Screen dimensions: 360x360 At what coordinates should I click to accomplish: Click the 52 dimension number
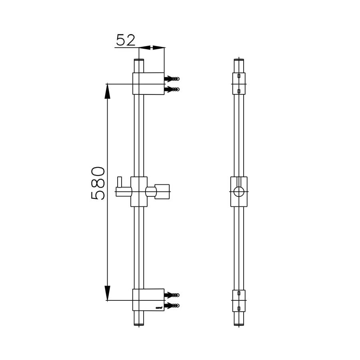(126, 40)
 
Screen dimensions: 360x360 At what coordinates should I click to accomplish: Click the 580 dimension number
(98, 183)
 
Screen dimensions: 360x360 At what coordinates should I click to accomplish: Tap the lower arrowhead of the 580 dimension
(107, 292)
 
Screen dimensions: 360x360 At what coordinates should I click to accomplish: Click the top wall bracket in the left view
(148, 84)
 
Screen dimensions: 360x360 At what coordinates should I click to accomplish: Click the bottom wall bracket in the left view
(148, 300)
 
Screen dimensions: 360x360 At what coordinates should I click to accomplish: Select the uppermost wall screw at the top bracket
(173, 78)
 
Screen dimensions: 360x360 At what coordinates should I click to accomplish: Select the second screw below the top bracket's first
(173, 89)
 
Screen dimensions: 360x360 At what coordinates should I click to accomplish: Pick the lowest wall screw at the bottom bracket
(173, 306)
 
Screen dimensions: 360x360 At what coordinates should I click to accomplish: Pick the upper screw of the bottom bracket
(173, 295)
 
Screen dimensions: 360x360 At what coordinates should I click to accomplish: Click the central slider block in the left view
(139, 192)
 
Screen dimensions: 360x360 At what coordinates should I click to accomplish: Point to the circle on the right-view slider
(239, 191)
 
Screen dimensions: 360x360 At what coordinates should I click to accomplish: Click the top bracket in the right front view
(239, 83)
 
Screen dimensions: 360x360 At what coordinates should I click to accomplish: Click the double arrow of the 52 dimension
(151, 48)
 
